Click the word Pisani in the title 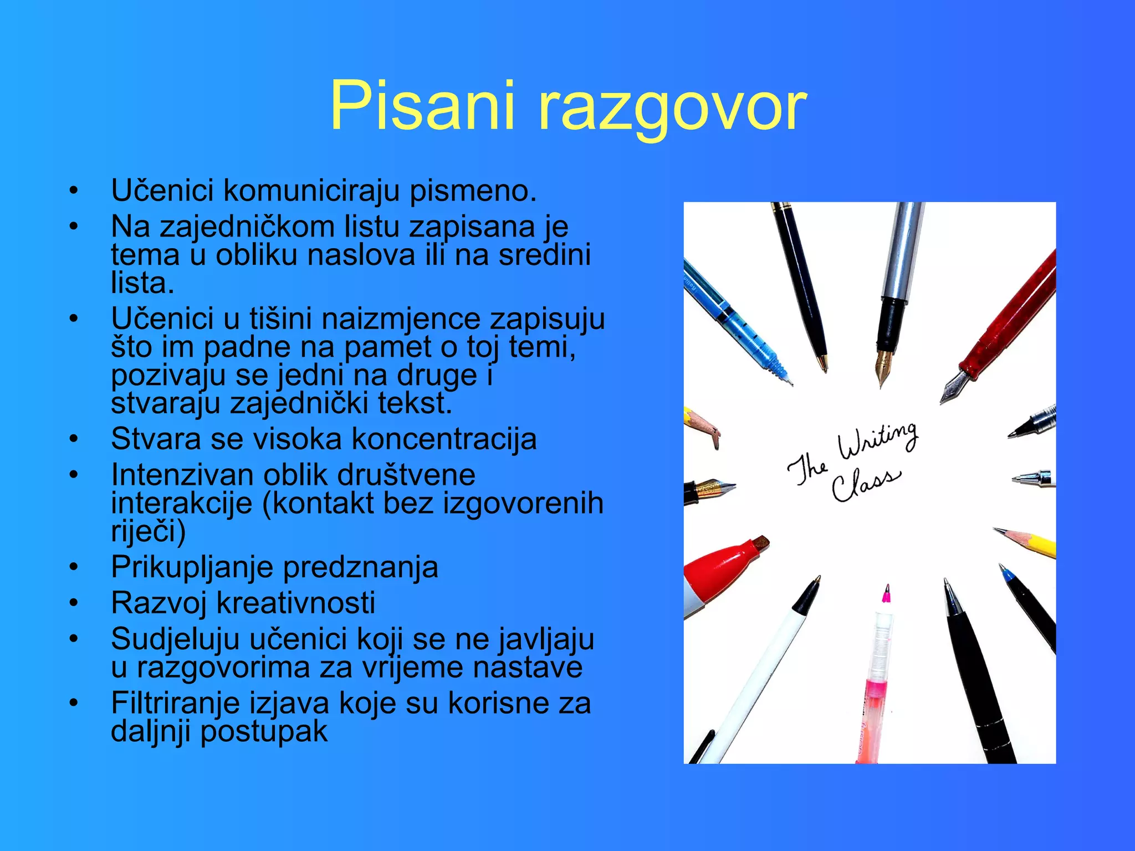(422, 105)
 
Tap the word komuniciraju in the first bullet (311, 191)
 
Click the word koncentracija (444, 439)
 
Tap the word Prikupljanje (192, 567)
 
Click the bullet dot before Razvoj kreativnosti (73, 603)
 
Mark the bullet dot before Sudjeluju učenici (73, 639)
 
